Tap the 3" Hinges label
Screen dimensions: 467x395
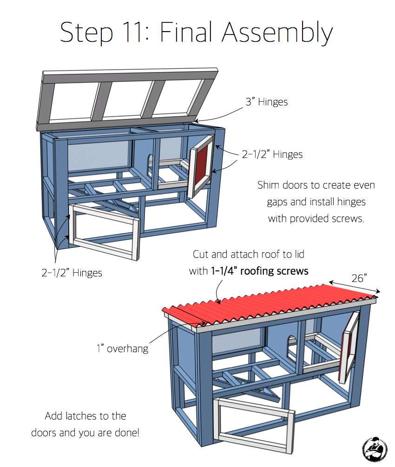click(266, 102)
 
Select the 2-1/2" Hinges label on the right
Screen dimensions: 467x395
click(272, 154)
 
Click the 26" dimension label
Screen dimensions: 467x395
click(358, 278)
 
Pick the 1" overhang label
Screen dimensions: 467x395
click(122, 348)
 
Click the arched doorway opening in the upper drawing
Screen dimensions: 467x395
click(149, 164)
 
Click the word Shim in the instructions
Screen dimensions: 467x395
click(269, 185)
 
